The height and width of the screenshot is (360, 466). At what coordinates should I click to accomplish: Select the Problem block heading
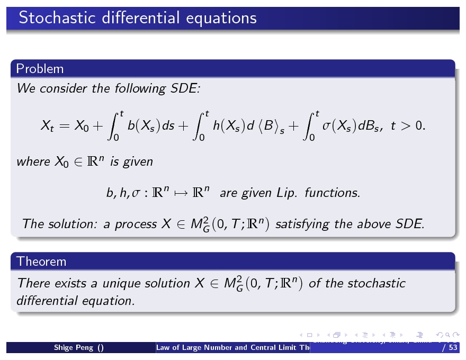(x=40, y=69)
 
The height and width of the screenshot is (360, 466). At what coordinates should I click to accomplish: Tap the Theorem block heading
(x=41, y=261)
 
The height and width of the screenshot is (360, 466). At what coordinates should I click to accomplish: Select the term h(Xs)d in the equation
(x=233, y=127)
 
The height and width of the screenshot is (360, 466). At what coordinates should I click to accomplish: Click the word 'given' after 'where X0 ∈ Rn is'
(x=138, y=161)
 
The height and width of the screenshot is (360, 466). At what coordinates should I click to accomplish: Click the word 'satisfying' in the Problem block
(x=301, y=224)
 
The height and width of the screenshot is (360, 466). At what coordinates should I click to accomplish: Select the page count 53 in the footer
(x=452, y=348)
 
